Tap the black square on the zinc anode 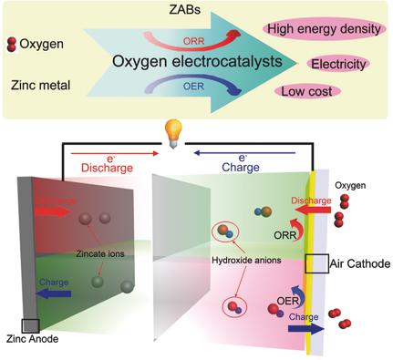29,325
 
